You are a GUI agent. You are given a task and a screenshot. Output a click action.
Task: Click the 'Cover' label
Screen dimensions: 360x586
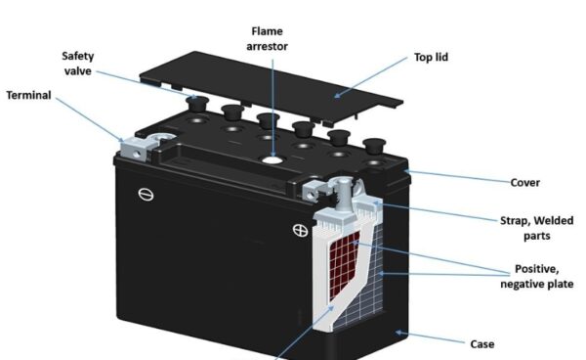click(x=525, y=182)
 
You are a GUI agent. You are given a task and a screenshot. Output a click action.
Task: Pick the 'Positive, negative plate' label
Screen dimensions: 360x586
click(x=536, y=276)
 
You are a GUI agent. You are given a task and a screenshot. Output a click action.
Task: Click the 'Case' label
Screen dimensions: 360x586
click(x=481, y=343)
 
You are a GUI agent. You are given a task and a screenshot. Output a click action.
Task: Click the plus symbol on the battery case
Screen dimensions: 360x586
click(x=300, y=231)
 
